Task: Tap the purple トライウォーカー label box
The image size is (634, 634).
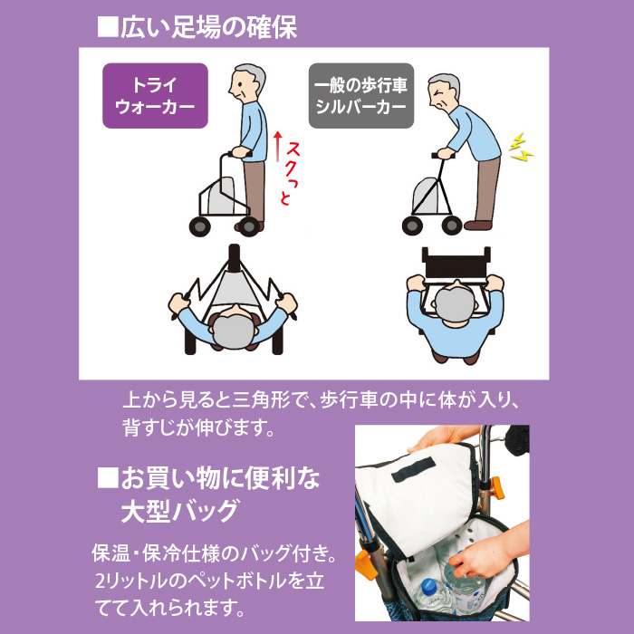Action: [155, 95]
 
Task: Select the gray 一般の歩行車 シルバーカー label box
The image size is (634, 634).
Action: [361, 95]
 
